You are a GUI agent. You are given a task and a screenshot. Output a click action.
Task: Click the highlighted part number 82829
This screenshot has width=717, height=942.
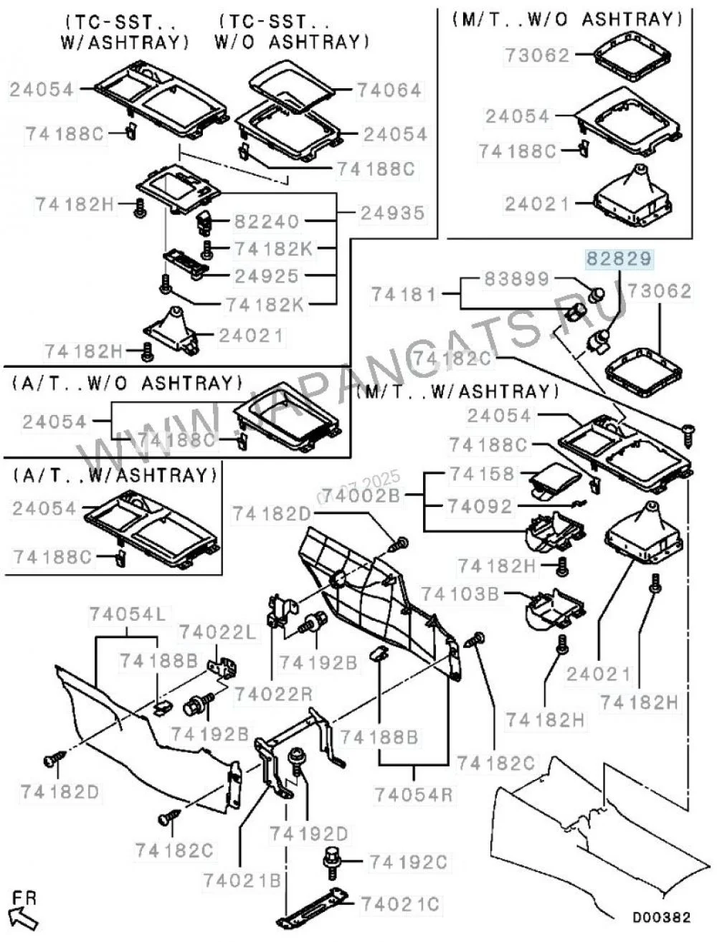click(620, 259)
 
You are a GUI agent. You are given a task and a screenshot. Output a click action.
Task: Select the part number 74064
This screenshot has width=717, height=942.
click(390, 91)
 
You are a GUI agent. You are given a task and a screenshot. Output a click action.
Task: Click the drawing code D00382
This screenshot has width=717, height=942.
click(660, 917)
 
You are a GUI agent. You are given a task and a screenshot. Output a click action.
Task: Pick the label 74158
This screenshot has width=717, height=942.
click(481, 474)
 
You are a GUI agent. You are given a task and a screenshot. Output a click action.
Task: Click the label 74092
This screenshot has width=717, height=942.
click(481, 507)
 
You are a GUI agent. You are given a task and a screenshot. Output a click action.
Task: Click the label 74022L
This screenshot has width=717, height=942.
click(217, 632)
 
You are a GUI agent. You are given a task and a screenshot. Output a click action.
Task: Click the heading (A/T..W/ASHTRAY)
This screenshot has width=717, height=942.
click(114, 475)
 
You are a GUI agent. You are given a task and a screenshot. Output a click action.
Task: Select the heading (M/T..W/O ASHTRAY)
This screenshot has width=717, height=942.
click(566, 19)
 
